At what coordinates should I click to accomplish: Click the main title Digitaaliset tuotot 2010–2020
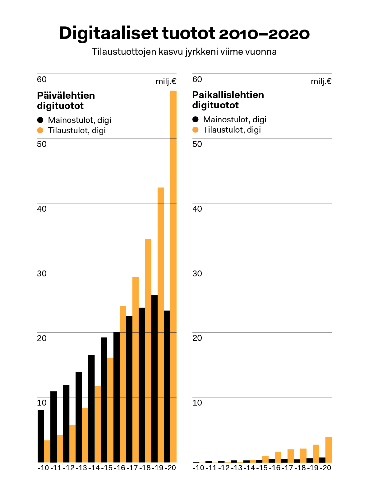(x=184, y=33)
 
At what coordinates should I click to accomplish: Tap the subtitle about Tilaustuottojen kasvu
(x=184, y=52)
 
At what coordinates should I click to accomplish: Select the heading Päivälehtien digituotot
(x=66, y=101)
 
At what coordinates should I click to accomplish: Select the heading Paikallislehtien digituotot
(x=228, y=100)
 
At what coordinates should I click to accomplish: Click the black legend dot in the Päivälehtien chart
(x=40, y=120)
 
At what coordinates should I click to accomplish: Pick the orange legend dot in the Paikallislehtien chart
(x=195, y=130)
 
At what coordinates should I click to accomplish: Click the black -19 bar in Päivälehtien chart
(x=154, y=378)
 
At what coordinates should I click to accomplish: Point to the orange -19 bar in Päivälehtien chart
(x=161, y=324)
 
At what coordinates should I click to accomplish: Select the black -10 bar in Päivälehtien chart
(x=41, y=436)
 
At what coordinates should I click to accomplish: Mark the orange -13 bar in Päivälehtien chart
(x=85, y=435)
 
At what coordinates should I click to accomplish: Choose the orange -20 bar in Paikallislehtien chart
(x=329, y=449)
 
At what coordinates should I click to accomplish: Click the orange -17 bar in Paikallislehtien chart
(x=291, y=456)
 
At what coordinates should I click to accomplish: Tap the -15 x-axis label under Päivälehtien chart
(x=107, y=468)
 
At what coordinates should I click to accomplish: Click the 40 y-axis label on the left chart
(x=42, y=209)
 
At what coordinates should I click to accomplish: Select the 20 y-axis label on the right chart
(x=197, y=338)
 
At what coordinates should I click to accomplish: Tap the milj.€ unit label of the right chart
(x=321, y=81)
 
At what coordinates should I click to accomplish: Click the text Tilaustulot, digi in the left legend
(x=77, y=130)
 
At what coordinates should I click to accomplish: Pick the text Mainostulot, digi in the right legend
(x=235, y=120)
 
